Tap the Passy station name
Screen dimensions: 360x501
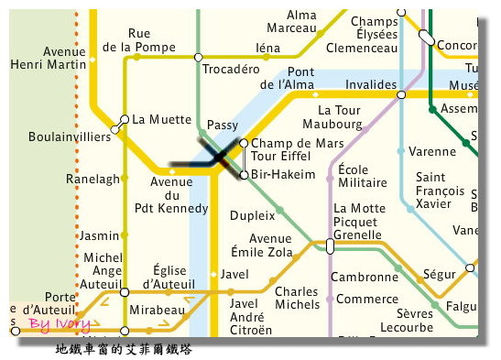[223, 125]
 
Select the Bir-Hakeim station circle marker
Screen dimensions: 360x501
[244, 175]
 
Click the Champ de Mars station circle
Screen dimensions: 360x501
[244, 144]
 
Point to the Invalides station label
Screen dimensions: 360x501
[369, 84]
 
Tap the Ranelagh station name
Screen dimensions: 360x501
[88, 180]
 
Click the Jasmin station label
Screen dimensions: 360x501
[100, 235]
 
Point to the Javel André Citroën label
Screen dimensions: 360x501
[250, 316]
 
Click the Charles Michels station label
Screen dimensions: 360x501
[297, 299]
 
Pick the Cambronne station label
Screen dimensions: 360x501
[364, 277]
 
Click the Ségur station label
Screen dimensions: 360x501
[440, 274]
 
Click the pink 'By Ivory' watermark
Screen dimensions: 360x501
[60, 323]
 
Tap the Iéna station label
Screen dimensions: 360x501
[267, 49]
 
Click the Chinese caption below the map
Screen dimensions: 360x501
[124, 349]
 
